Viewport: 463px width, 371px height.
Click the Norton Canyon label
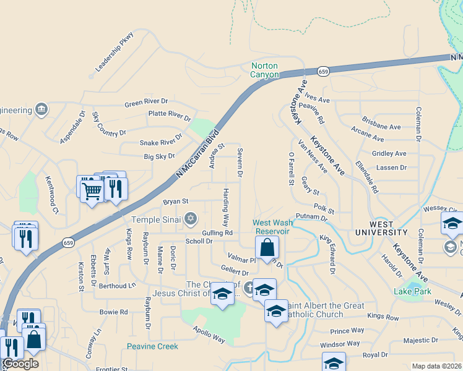pyautogui.click(x=266, y=70)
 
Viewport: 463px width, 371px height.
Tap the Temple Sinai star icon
pyautogui.click(x=191, y=218)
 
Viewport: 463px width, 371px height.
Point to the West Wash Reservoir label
pyautogui.click(x=271, y=226)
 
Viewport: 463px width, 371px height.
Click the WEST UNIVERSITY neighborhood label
pyautogui.click(x=381, y=228)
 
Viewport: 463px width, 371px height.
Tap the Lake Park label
pyautogui.click(x=409, y=291)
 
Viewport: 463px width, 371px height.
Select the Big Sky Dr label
pyautogui.click(x=159, y=157)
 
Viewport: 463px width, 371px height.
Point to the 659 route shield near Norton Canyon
pyautogui.click(x=323, y=72)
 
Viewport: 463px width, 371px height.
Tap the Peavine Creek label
pyautogui.click(x=153, y=346)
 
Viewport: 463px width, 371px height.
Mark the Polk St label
pyautogui.click(x=324, y=210)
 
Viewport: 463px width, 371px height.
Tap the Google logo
pyautogui.click(x=20, y=364)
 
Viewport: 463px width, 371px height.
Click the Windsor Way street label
pyautogui.click(x=340, y=343)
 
